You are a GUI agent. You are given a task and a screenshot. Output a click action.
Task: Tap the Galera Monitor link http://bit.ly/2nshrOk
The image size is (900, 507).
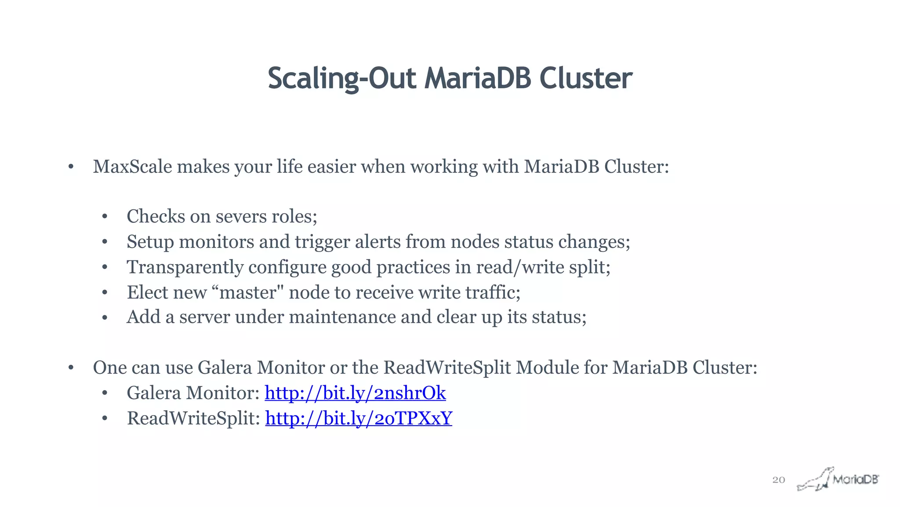coord(355,393)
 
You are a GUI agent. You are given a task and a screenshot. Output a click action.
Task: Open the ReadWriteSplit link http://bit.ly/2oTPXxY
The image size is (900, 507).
coord(359,418)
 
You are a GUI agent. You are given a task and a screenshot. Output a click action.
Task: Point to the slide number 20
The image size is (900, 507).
coord(778,480)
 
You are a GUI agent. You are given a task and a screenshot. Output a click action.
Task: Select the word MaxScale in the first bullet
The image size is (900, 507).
coord(132,167)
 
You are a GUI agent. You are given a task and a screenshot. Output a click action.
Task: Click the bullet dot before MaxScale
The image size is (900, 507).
coord(71,167)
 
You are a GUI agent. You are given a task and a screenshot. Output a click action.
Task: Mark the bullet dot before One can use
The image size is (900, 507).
coord(71,368)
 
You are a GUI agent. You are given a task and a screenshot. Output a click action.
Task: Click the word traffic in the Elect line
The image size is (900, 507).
coord(492,292)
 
